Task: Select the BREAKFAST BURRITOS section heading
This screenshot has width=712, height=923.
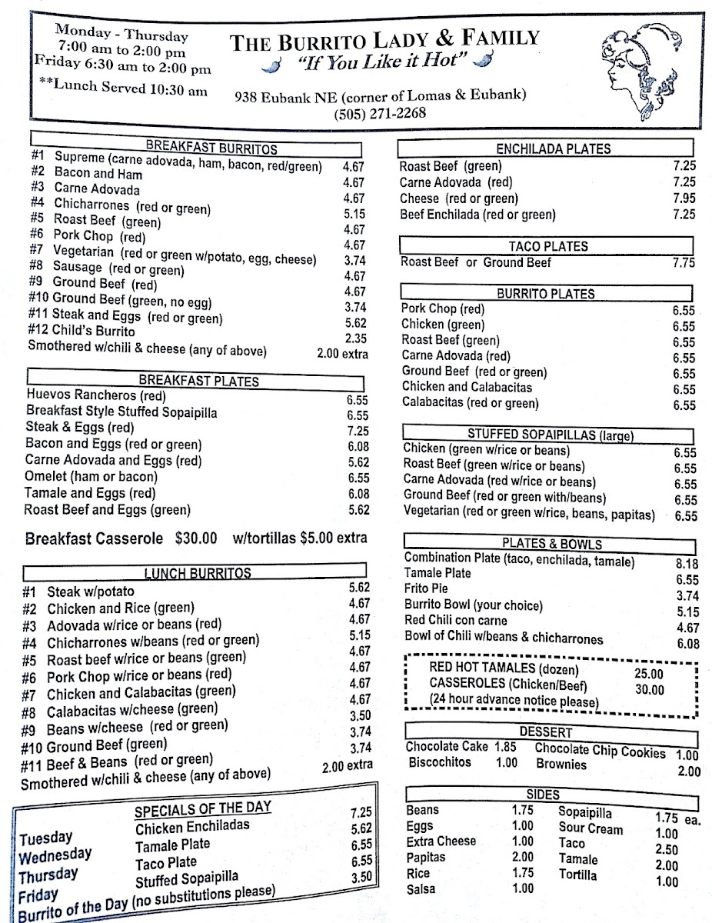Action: [x=211, y=149]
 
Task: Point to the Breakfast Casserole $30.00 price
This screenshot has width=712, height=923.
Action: [x=196, y=538]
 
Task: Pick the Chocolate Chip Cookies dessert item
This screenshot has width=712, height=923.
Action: [x=599, y=750]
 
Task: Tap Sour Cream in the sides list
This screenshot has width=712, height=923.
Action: [x=591, y=828]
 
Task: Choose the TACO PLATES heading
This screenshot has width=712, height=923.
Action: [x=548, y=246]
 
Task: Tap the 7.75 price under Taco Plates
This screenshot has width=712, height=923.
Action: [x=683, y=263]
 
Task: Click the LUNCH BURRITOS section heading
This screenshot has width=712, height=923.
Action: [x=198, y=573]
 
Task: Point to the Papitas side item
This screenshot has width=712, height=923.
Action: [x=427, y=857]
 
